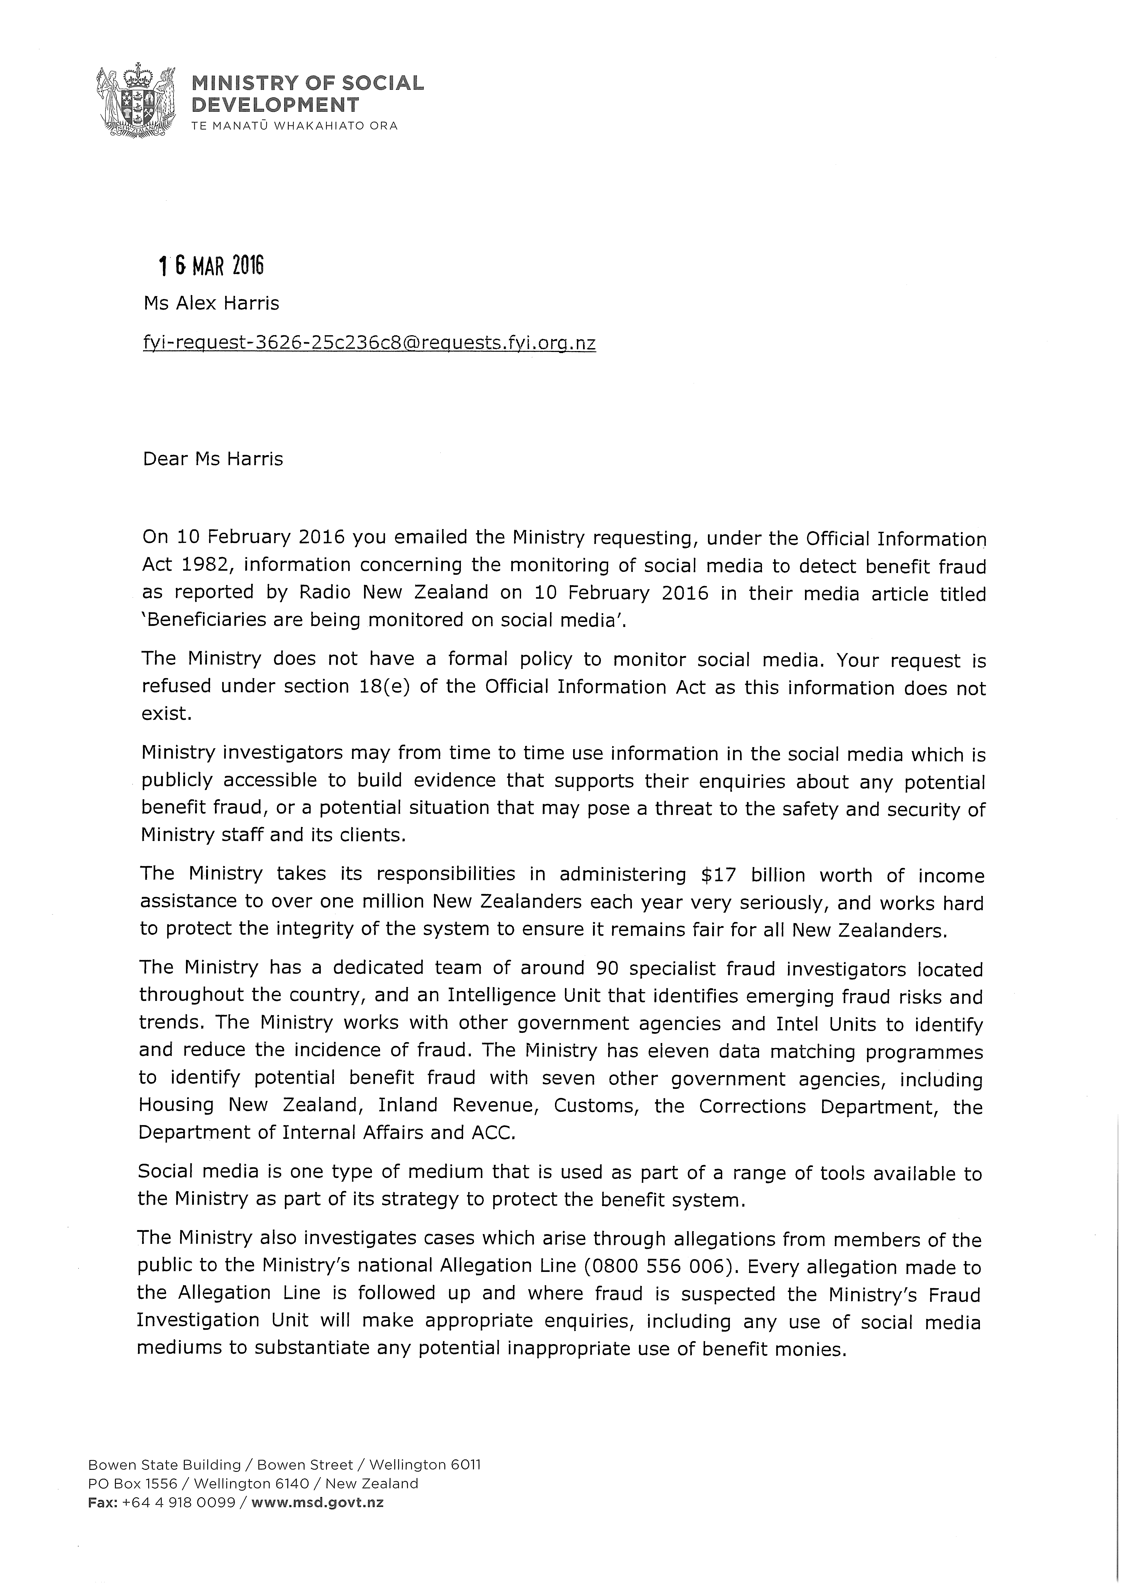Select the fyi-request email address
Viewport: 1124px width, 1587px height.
(x=369, y=342)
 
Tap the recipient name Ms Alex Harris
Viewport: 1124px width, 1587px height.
(x=211, y=303)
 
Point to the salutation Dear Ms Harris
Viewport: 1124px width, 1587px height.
(x=213, y=459)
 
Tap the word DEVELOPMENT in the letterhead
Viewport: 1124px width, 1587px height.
(x=276, y=105)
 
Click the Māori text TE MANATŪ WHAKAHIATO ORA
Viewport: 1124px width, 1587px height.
(x=295, y=126)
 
